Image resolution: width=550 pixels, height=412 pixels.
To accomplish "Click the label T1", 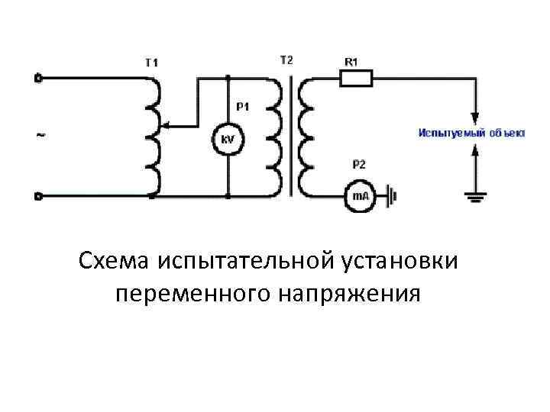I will (x=152, y=63).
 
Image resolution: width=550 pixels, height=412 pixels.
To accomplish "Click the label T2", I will (x=285, y=59).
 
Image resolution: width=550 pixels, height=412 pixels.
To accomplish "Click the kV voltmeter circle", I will (x=228, y=140).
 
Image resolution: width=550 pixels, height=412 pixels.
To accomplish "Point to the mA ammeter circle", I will (x=359, y=196).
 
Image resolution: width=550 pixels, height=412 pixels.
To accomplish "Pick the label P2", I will (x=359, y=164).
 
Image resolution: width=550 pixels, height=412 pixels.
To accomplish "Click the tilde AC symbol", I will (x=40, y=136).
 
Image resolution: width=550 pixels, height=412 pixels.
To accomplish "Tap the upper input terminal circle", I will (x=38, y=77).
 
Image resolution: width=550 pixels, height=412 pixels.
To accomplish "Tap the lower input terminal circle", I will (x=38, y=196).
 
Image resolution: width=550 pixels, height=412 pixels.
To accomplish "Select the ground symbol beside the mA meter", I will (x=393, y=196).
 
